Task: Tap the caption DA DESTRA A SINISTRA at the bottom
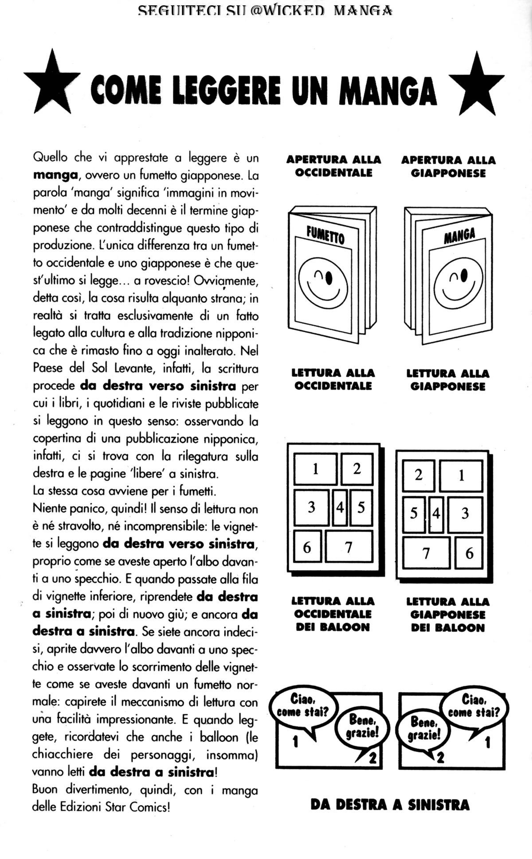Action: click(390, 805)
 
